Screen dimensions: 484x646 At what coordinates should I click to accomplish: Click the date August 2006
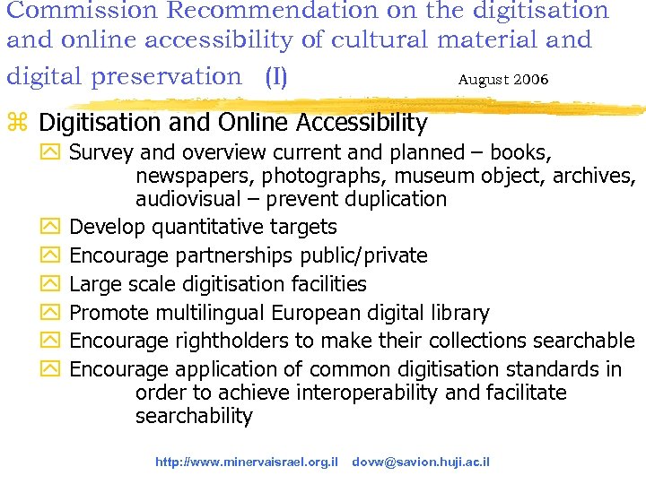[x=502, y=80]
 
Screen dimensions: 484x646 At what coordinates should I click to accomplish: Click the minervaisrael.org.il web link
[x=246, y=462]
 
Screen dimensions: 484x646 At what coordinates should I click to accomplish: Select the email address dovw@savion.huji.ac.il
[x=420, y=462]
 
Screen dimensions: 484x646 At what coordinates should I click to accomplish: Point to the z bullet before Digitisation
[x=18, y=122]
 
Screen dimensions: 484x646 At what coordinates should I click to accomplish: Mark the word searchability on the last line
[x=194, y=416]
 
